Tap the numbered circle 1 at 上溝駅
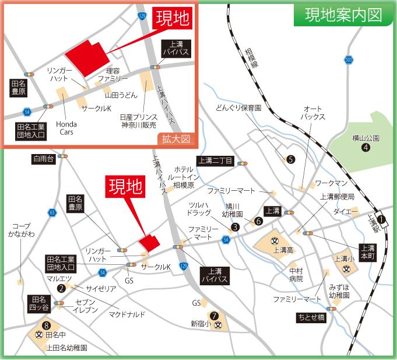pyautogui.click(x=382, y=219)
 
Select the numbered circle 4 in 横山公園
pyautogui.click(x=366, y=148)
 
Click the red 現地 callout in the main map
pyautogui.click(x=125, y=187)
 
